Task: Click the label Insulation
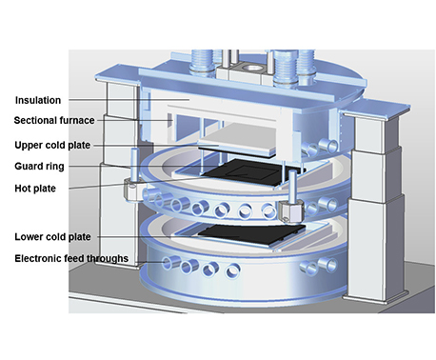click(x=38, y=100)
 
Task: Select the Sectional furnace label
click(x=54, y=121)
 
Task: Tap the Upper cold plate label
click(x=52, y=146)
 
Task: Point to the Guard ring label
click(x=39, y=166)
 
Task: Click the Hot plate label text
click(x=35, y=189)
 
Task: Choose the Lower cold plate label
click(x=52, y=237)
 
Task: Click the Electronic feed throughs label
click(x=71, y=258)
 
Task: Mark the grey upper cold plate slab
click(x=237, y=140)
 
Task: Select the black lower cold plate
click(x=251, y=235)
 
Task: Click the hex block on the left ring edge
click(x=132, y=190)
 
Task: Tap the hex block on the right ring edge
click(x=291, y=211)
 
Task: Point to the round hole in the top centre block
click(x=251, y=68)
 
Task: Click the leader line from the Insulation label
click(x=129, y=100)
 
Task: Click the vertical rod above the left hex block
click(x=133, y=165)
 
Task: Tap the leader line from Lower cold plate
click(x=168, y=237)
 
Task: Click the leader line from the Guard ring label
click(x=142, y=166)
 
